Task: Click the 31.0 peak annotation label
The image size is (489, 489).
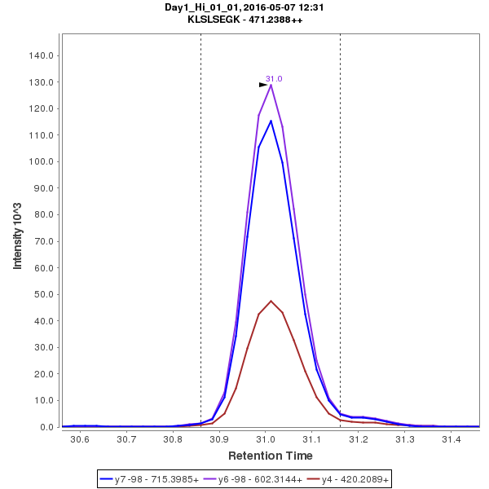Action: pyautogui.click(x=274, y=79)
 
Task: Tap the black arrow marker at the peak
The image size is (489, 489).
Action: pyautogui.click(x=263, y=84)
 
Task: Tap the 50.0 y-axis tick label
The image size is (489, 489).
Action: pyautogui.click(x=43, y=294)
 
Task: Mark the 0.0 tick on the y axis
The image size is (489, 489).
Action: pyautogui.click(x=46, y=427)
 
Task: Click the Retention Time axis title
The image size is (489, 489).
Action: pyautogui.click(x=270, y=456)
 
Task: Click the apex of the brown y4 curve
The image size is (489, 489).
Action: pyautogui.click(x=271, y=301)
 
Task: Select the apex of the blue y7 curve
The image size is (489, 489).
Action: pyautogui.click(x=271, y=121)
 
